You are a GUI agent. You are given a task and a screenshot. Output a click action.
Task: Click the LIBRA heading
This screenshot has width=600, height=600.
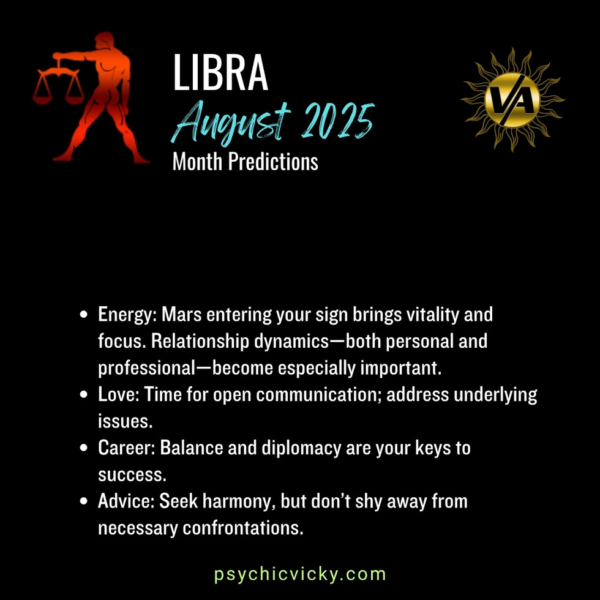tap(220, 73)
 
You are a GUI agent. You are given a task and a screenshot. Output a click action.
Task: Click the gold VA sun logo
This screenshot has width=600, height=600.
tap(512, 99)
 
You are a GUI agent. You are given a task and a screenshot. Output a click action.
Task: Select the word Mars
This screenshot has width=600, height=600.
tap(182, 315)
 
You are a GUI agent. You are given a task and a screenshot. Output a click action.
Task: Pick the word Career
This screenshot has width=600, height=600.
tap(126, 448)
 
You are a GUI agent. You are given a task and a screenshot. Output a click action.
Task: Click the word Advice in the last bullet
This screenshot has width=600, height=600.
tap(126, 501)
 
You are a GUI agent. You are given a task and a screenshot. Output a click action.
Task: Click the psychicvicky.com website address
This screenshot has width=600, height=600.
tap(300, 574)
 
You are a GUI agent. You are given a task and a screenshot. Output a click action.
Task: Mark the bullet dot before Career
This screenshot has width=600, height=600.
tap(84, 448)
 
